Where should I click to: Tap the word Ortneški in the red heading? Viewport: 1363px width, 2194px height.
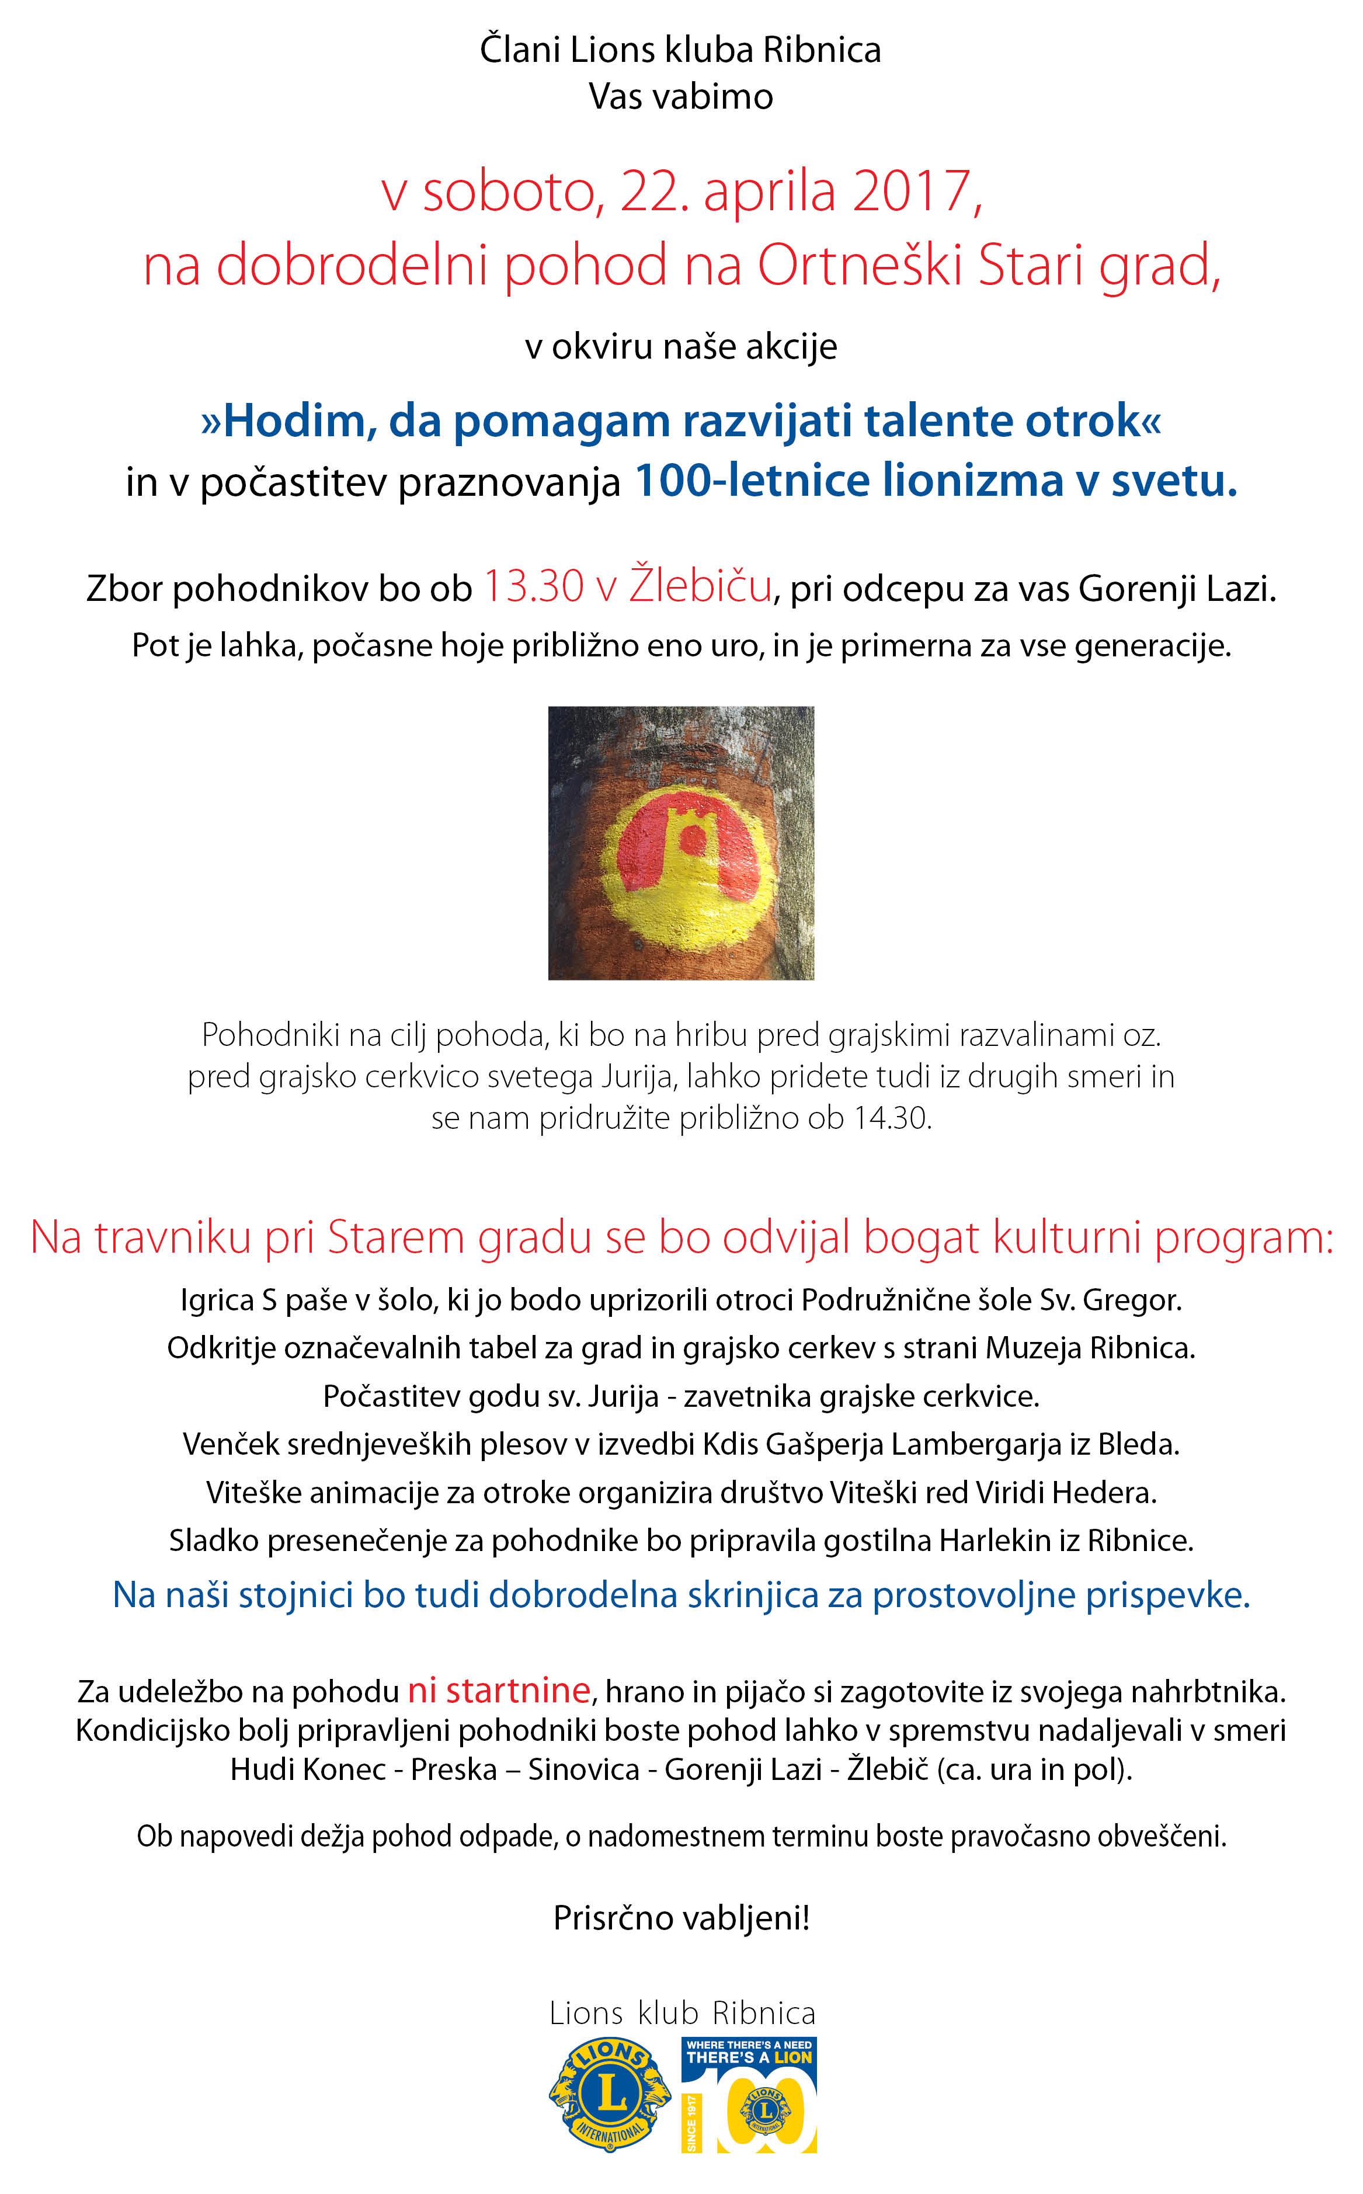(860, 266)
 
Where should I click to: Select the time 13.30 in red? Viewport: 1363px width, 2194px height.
(534, 587)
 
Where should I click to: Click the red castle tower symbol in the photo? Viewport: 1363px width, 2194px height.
(690, 844)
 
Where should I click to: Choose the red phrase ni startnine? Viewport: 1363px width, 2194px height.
(499, 1690)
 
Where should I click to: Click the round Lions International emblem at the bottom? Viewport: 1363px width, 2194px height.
(610, 2095)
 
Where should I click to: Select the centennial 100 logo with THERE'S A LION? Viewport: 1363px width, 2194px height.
(748, 2095)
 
